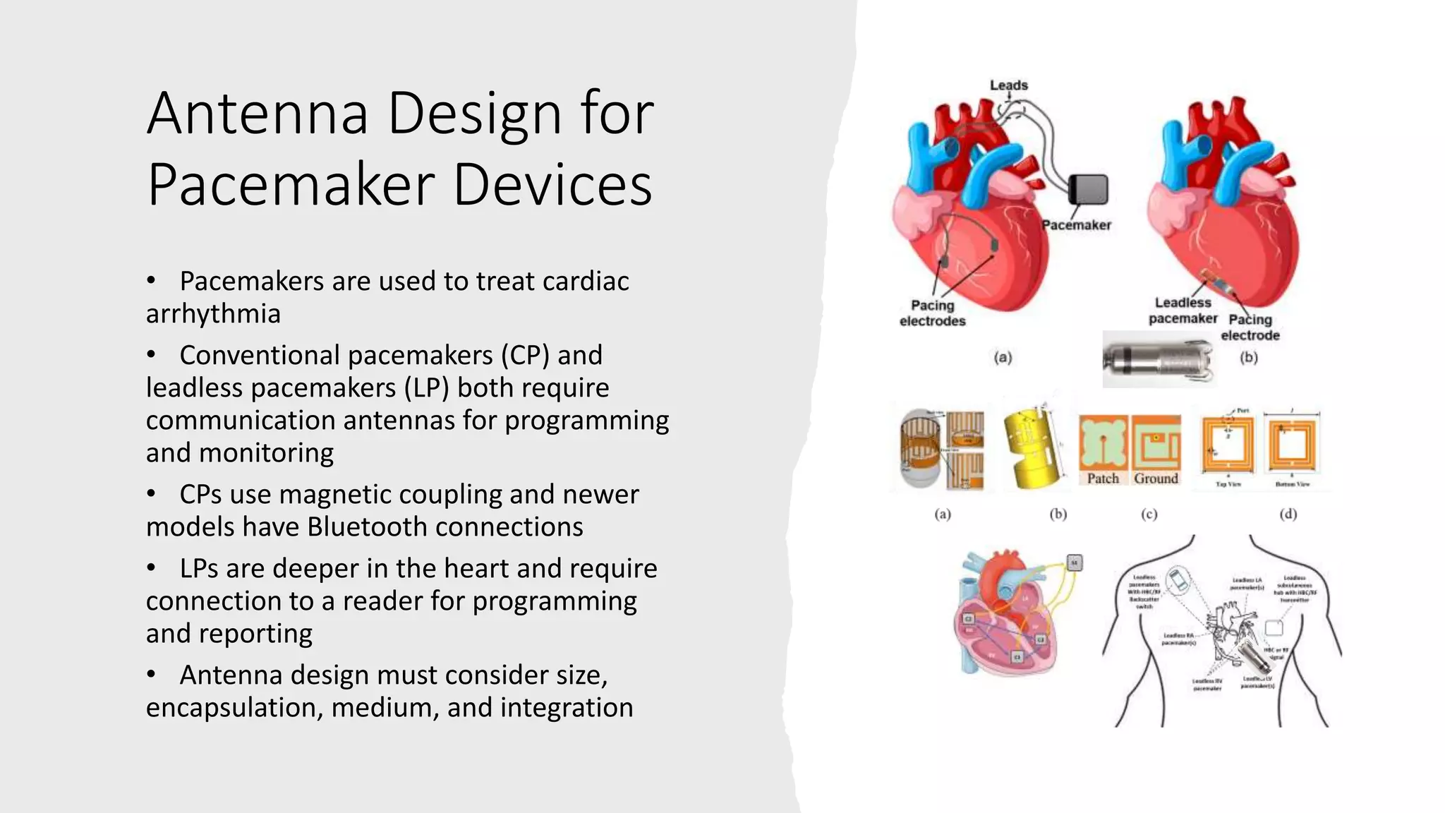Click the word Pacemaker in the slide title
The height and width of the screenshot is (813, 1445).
[291, 185]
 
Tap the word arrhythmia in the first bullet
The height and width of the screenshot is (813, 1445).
[213, 314]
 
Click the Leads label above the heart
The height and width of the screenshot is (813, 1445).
[1008, 85]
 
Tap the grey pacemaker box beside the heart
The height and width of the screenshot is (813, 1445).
[1088, 189]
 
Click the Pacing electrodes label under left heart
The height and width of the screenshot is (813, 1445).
[932, 313]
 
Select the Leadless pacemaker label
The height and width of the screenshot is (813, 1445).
[1183, 311]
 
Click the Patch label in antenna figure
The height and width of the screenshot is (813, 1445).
[1103, 478]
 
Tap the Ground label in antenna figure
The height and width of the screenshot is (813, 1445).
[1156, 478]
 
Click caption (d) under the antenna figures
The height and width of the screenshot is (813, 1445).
[1288, 514]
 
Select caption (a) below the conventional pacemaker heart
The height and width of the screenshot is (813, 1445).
[1003, 358]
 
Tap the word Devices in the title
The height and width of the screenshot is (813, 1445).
[552, 185]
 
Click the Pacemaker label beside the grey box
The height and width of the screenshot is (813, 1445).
[1077, 225]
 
